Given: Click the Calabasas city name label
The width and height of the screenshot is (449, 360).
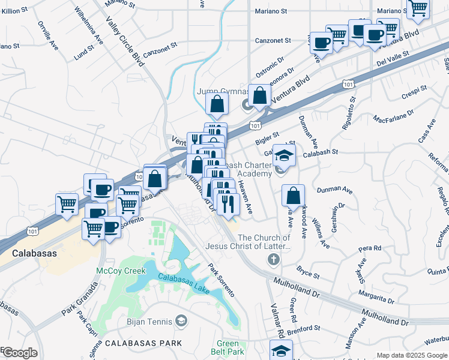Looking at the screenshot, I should click(35, 253).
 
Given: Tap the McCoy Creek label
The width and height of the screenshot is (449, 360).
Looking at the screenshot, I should click(121, 271).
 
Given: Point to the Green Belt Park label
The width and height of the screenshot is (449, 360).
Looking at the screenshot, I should click(230, 347).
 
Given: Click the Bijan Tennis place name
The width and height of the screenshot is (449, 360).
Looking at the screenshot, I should click(148, 323).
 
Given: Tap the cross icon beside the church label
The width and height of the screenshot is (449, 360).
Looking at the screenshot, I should click(273, 259).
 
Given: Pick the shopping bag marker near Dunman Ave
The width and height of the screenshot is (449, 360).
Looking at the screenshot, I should click(293, 196).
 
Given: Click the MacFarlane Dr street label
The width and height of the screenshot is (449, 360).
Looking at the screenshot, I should click(394, 115).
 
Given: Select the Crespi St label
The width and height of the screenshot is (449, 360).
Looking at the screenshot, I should click(414, 91).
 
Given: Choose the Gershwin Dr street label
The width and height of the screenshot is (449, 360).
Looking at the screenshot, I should click(341, 214).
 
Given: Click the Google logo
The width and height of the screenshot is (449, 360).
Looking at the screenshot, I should click(20, 353).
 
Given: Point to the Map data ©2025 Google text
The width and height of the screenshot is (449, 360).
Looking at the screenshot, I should click(412, 355).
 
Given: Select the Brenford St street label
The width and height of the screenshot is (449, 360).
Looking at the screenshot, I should click(304, 329).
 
